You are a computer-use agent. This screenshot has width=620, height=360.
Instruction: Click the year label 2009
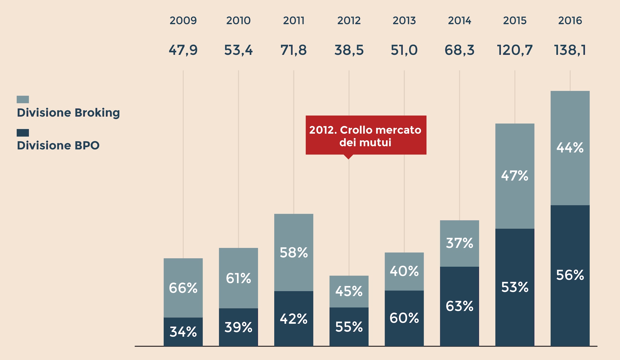[x=183, y=21]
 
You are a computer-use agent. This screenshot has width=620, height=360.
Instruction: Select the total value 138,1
[x=570, y=50]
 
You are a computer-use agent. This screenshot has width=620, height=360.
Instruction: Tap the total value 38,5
[x=349, y=50]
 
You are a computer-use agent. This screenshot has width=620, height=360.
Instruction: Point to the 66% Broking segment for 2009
[x=183, y=288]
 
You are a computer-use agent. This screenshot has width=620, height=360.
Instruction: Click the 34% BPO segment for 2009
[x=183, y=332]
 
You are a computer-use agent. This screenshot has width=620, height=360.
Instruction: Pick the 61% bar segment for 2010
[x=238, y=278]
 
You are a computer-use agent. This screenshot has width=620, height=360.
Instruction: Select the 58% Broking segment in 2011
[x=294, y=252]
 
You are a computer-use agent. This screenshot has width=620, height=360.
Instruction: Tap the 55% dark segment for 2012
[x=349, y=327]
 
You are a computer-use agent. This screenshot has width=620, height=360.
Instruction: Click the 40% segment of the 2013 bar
[x=404, y=271]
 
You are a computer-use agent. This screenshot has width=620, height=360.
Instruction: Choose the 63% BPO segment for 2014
[x=460, y=306]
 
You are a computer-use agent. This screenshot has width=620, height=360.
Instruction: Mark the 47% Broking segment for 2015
[x=515, y=176]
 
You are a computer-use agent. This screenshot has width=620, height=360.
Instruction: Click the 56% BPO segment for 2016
[x=570, y=275]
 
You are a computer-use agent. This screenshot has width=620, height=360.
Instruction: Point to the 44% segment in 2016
[x=570, y=148]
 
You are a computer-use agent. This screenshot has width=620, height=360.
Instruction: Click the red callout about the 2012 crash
[x=366, y=135]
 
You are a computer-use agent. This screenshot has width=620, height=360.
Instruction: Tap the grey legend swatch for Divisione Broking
[x=23, y=100]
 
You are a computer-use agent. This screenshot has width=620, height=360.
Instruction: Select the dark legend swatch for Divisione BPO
[x=23, y=133]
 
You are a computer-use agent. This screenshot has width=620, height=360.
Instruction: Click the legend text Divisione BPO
[x=58, y=146]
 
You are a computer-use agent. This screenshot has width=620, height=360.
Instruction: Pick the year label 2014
[x=460, y=21]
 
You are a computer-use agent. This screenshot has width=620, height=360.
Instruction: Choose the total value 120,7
[x=515, y=50]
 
